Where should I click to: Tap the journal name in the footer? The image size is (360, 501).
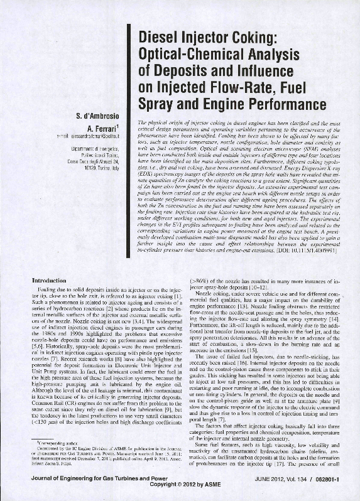tap(89, 480)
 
